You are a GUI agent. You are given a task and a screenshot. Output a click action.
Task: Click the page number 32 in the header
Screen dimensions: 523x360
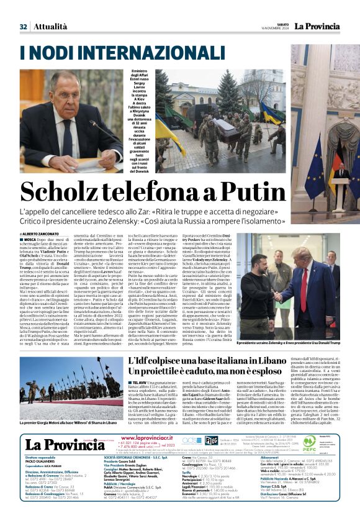[23, 27]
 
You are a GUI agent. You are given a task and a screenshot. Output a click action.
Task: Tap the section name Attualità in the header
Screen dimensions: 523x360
[51, 27]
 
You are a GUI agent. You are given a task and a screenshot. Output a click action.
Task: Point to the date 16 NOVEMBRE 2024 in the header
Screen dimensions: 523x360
[274, 29]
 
